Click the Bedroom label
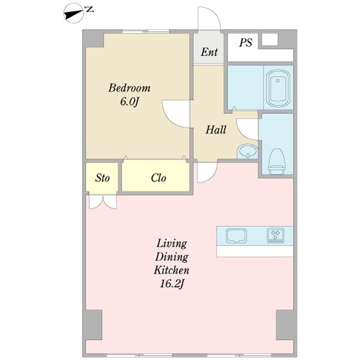pyautogui.click(x=129, y=88)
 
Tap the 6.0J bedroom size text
pyautogui.click(x=130, y=101)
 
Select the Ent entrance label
pyautogui.click(x=209, y=52)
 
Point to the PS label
pyautogui.click(x=245, y=43)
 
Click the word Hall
pyautogui.click(x=216, y=130)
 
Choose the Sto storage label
pyautogui.click(x=103, y=178)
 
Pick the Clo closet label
pyautogui.click(x=158, y=178)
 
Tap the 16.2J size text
pyautogui.click(x=172, y=284)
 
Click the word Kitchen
pyautogui.click(x=172, y=270)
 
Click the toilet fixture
pyautogui.click(x=277, y=161)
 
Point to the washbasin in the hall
pyautogui.click(x=247, y=152)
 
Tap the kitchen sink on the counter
pyautogui.click(x=236, y=236)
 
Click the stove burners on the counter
pyautogui.click(x=275, y=236)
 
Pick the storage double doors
pyautogui.click(x=103, y=202)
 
